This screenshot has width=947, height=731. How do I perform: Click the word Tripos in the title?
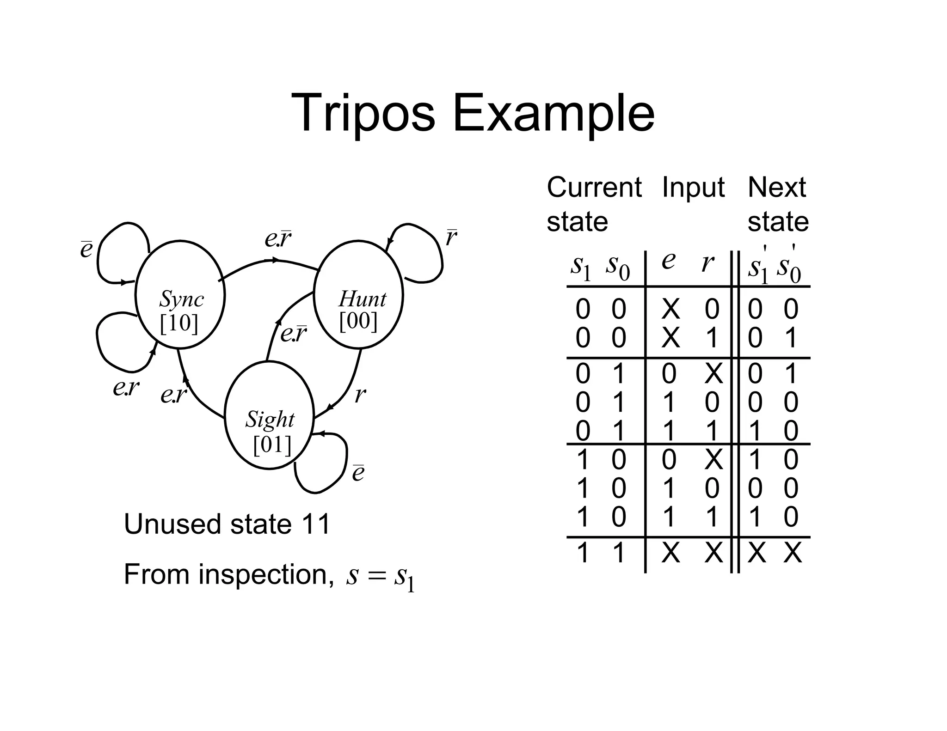tap(363, 113)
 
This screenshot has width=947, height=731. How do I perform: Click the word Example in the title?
tap(553, 114)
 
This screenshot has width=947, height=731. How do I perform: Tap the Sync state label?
tap(182, 299)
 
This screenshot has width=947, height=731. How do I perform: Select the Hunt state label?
tap(362, 299)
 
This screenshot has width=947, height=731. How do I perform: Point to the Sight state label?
tap(270, 419)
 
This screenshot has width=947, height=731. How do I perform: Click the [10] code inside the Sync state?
tap(179, 323)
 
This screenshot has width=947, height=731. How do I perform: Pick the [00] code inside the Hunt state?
tap(358, 321)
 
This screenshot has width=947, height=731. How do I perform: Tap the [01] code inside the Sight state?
tap(272, 445)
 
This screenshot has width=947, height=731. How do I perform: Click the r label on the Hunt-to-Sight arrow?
tap(360, 396)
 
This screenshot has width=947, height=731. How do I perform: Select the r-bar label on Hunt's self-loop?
tap(451, 238)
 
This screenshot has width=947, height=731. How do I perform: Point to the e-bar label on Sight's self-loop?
tap(358, 473)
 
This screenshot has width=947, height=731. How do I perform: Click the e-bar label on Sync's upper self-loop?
tap(86, 250)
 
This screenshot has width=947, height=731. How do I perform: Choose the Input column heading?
tap(693, 188)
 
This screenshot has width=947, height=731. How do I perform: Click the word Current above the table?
tap(594, 188)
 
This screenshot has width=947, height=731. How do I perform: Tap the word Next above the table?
tap(776, 188)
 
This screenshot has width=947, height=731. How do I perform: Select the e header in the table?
tap(668, 261)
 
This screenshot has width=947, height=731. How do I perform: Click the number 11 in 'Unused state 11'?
tap(315, 524)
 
